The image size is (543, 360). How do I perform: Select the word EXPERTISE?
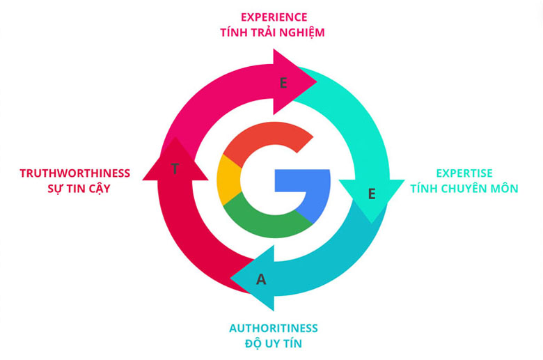coord(464,173)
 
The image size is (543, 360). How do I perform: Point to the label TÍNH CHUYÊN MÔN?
coord(464,188)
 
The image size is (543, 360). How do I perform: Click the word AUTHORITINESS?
coord(273,328)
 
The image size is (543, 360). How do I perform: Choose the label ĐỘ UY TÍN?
coord(273,344)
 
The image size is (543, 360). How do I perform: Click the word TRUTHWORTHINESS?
coord(74,173)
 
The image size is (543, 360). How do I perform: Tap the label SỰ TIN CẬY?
coord(74,188)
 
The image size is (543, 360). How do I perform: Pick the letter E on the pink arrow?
coord(283,83)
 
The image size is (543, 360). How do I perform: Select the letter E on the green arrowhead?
coord(371,194)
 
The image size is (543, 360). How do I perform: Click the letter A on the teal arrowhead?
coord(261,280)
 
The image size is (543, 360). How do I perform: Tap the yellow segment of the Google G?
coord(228,180)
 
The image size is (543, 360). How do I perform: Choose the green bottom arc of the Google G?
coord(268,221)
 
